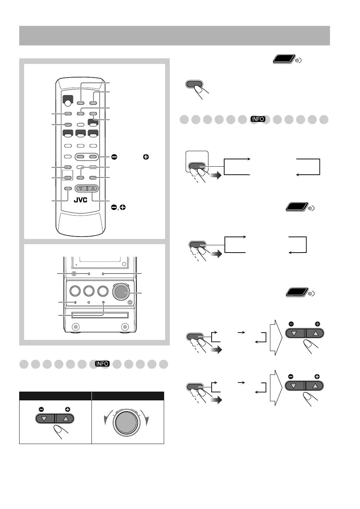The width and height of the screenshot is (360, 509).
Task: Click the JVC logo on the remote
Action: pyautogui.click(x=80, y=201)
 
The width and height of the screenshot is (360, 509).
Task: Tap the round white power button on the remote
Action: pyautogui.click(x=68, y=103)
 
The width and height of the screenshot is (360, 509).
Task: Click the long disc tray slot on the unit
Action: pyautogui.click(x=100, y=315)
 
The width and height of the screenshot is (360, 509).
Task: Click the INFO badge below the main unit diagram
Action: pyautogui.click(x=102, y=364)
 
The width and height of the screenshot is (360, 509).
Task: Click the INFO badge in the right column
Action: pyautogui.click(x=258, y=119)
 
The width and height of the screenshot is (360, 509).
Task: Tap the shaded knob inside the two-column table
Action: pyautogui.click(x=126, y=422)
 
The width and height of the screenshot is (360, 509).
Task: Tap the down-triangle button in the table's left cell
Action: pyautogui.click(x=44, y=418)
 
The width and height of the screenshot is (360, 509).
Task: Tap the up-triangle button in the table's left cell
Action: pyautogui.click(x=66, y=418)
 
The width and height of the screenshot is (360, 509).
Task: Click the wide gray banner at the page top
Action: pyautogui.click(x=174, y=36)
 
